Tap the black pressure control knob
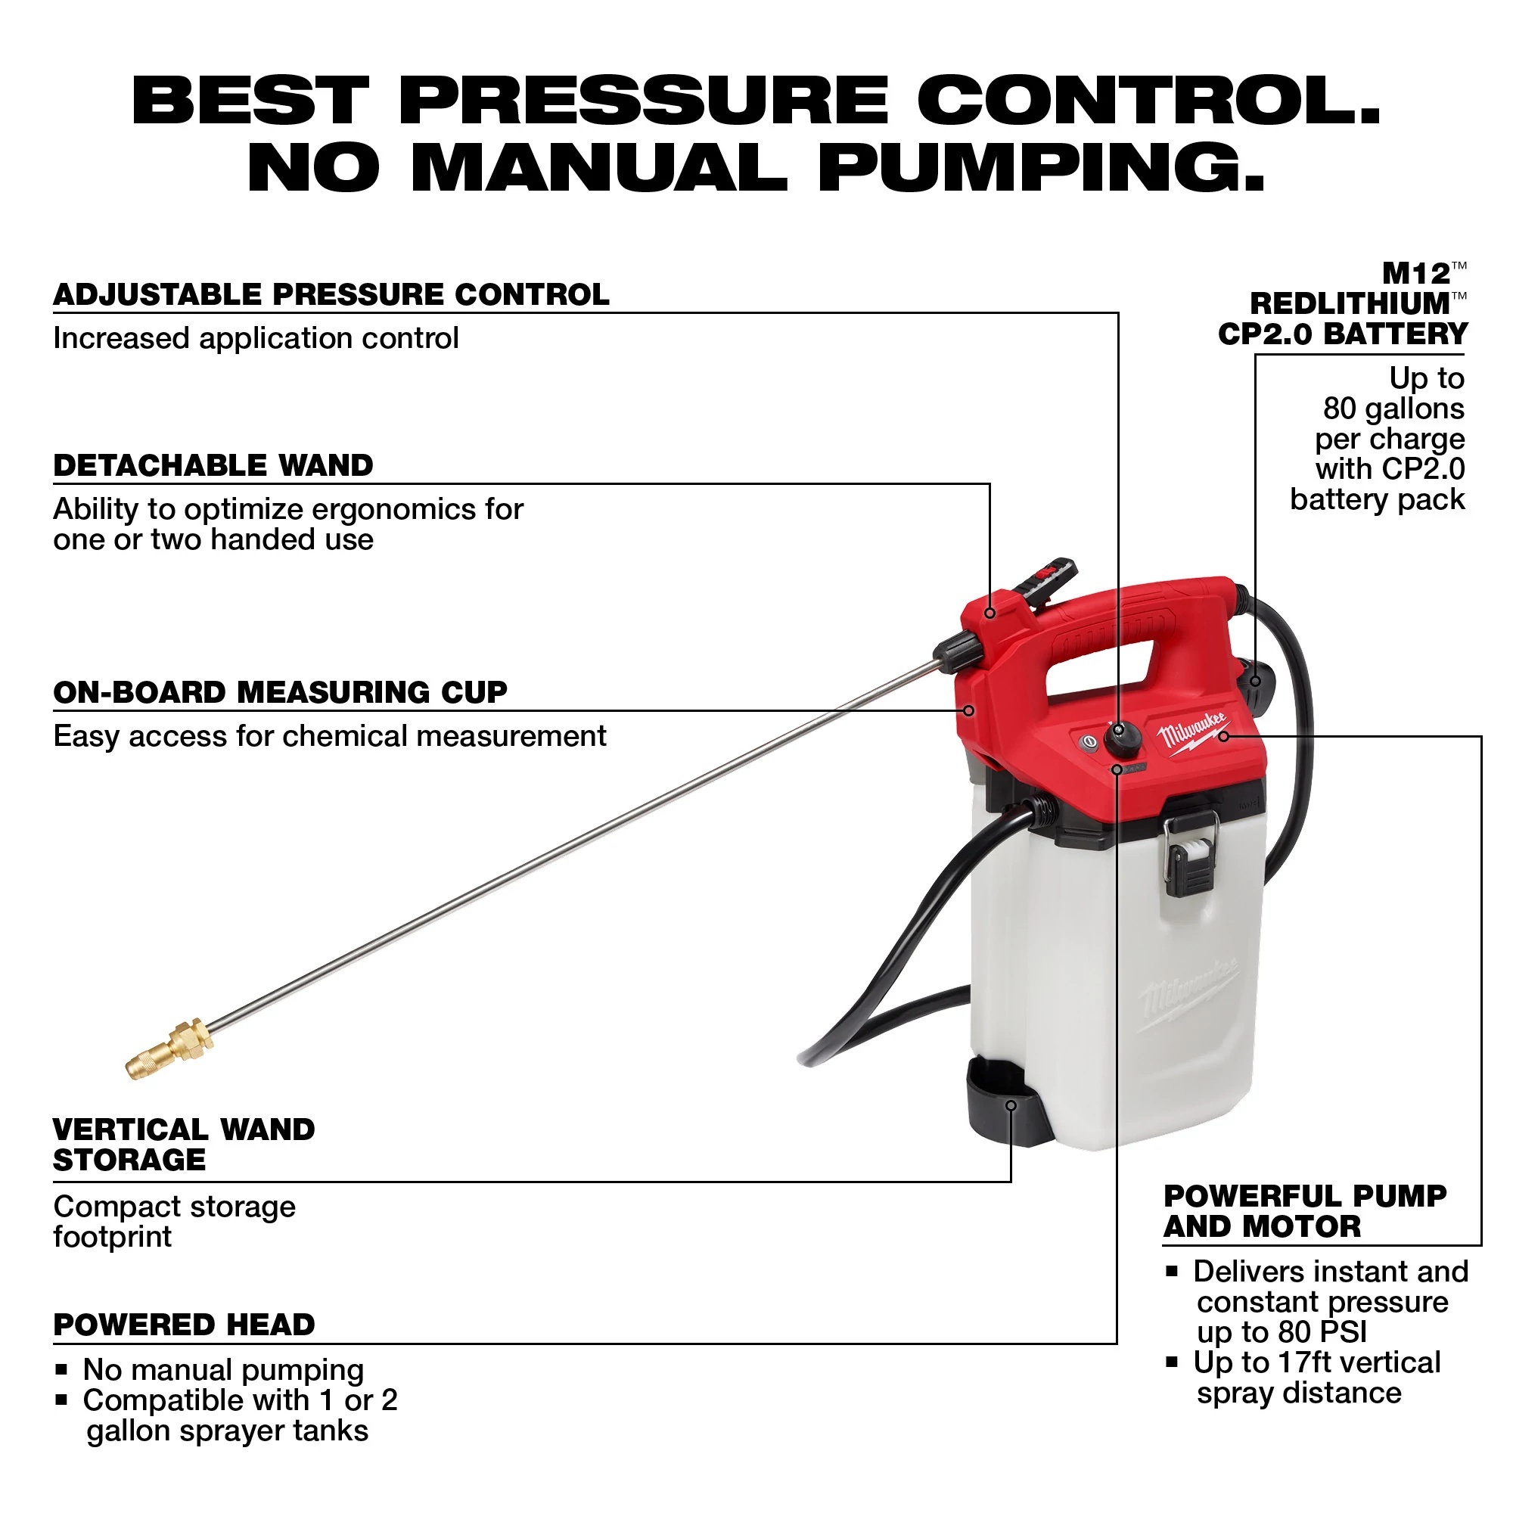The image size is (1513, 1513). [x=1121, y=738]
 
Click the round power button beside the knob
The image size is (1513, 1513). [x=1087, y=741]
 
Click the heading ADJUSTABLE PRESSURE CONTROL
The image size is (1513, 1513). [x=331, y=295]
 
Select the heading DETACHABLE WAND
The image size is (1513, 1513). [x=213, y=466]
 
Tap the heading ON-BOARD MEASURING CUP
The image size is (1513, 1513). [x=280, y=693]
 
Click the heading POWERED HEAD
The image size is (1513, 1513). [x=184, y=1325]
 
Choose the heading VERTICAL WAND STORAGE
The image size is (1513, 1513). [x=183, y=1145]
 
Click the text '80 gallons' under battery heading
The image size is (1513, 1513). [x=1393, y=409]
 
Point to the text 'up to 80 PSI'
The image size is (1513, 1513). [x=1282, y=1332]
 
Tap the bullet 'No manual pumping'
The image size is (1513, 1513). [x=223, y=1371]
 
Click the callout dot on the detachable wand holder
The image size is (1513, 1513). [x=990, y=614]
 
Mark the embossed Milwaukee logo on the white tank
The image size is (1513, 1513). [x=1188, y=993]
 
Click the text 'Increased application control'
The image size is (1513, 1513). [x=255, y=339]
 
